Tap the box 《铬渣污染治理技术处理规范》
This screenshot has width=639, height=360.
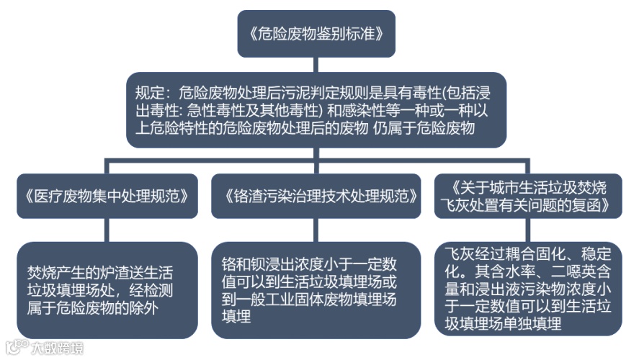(316, 195)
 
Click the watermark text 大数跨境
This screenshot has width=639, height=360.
(56, 348)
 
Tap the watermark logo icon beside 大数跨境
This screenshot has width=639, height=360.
(15, 348)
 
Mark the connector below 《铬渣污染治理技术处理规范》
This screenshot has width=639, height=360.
(316, 230)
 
